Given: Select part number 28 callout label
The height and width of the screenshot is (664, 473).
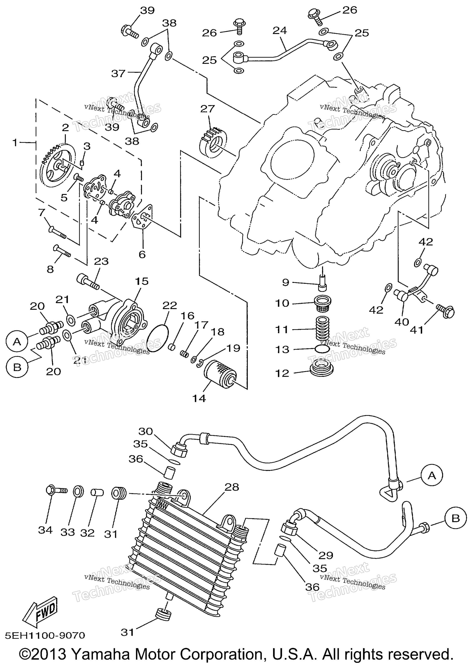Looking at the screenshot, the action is (232, 487).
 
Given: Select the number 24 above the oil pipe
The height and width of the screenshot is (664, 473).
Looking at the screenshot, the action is (280, 31).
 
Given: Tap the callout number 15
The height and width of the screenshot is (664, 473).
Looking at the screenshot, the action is (142, 281).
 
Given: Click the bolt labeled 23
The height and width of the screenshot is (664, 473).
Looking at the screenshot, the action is (88, 282).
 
